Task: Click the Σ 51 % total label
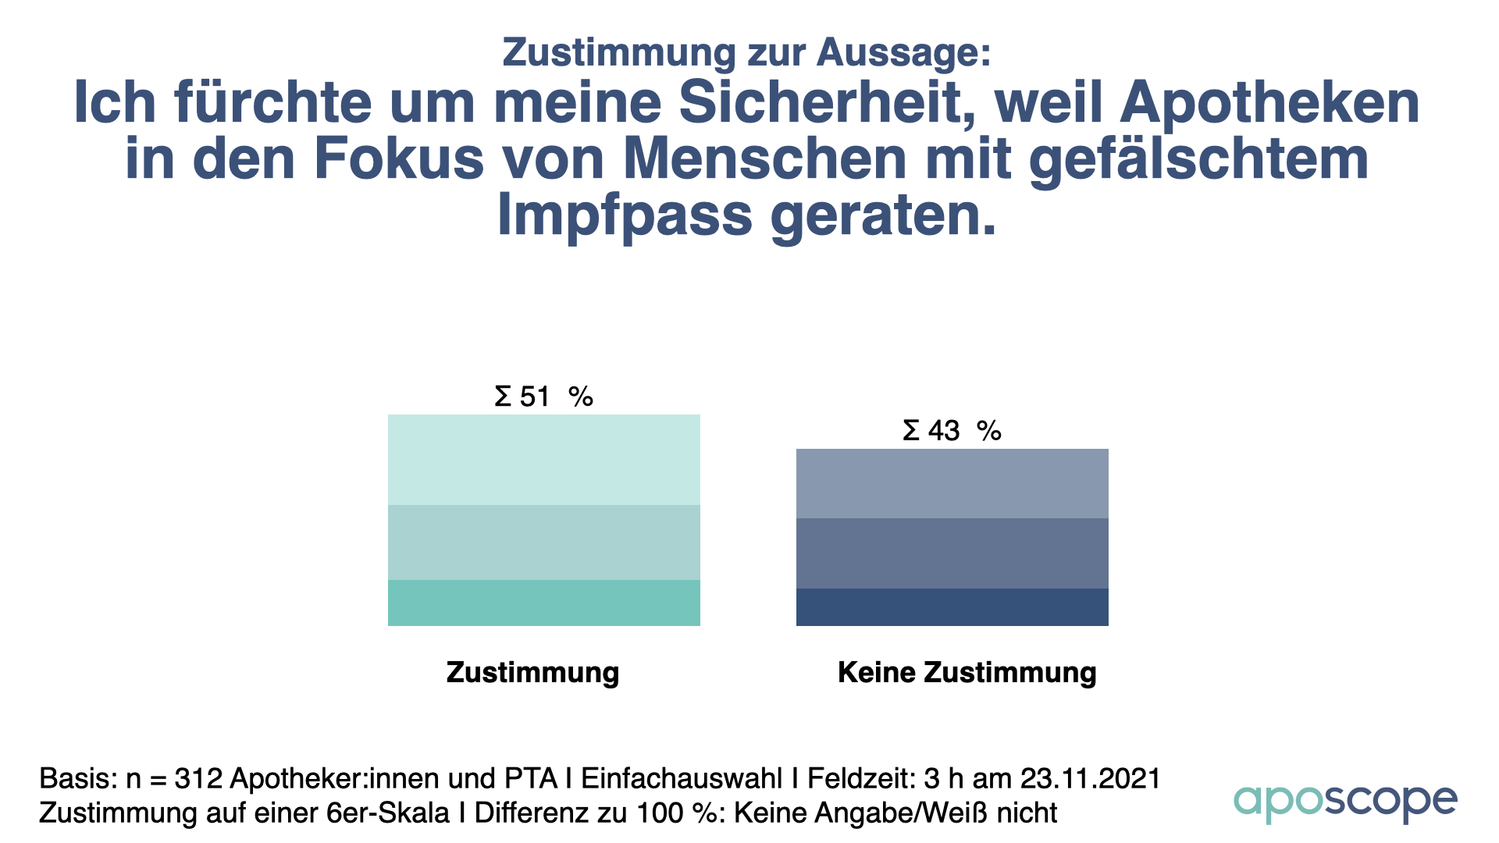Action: click(x=543, y=397)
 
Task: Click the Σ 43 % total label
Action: click(x=952, y=431)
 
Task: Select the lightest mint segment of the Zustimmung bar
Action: click(x=543, y=460)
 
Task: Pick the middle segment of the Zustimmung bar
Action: click(x=543, y=542)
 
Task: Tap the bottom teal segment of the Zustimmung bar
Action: click(x=543, y=603)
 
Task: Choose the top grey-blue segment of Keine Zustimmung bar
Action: click(x=952, y=483)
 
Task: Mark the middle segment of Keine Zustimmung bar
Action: click(x=952, y=553)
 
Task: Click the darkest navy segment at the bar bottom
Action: click(x=952, y=607)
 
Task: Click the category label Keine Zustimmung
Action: click(x=967, y=672)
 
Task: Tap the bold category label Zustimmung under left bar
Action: click(x=532, y=672)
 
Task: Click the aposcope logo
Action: click(x=1344, y=802)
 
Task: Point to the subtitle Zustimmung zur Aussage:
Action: click(x=746, y=52)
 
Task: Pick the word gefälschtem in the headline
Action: click(x=1198, y=160)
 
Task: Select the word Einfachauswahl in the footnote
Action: click(x=682, y=778)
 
